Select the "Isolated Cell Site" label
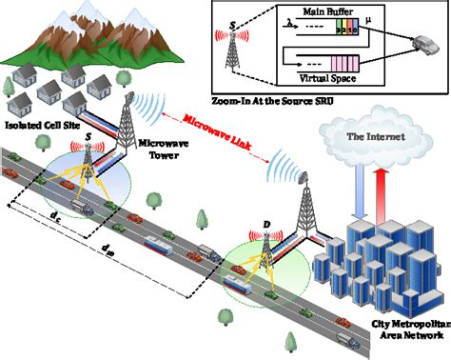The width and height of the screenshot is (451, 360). [44, 125]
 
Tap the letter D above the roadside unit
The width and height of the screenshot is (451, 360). [266, 226]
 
